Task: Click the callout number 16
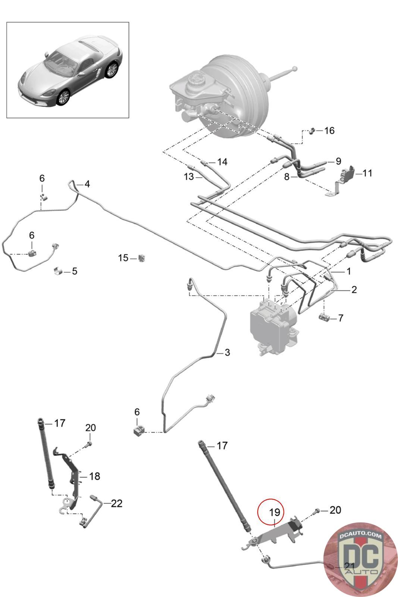pos(329,131)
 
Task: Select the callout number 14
pos(222,162)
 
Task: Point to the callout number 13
pos(189,176)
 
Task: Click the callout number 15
pos(123,258)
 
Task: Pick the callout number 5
pos(75,271)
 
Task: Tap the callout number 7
pos(341,318)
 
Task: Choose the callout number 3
pos(227,352)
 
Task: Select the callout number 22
pos(116,503)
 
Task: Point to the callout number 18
pos(95,476)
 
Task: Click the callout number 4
pos(87,184)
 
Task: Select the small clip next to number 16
pos(312,131)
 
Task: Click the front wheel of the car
pos(63,98)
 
